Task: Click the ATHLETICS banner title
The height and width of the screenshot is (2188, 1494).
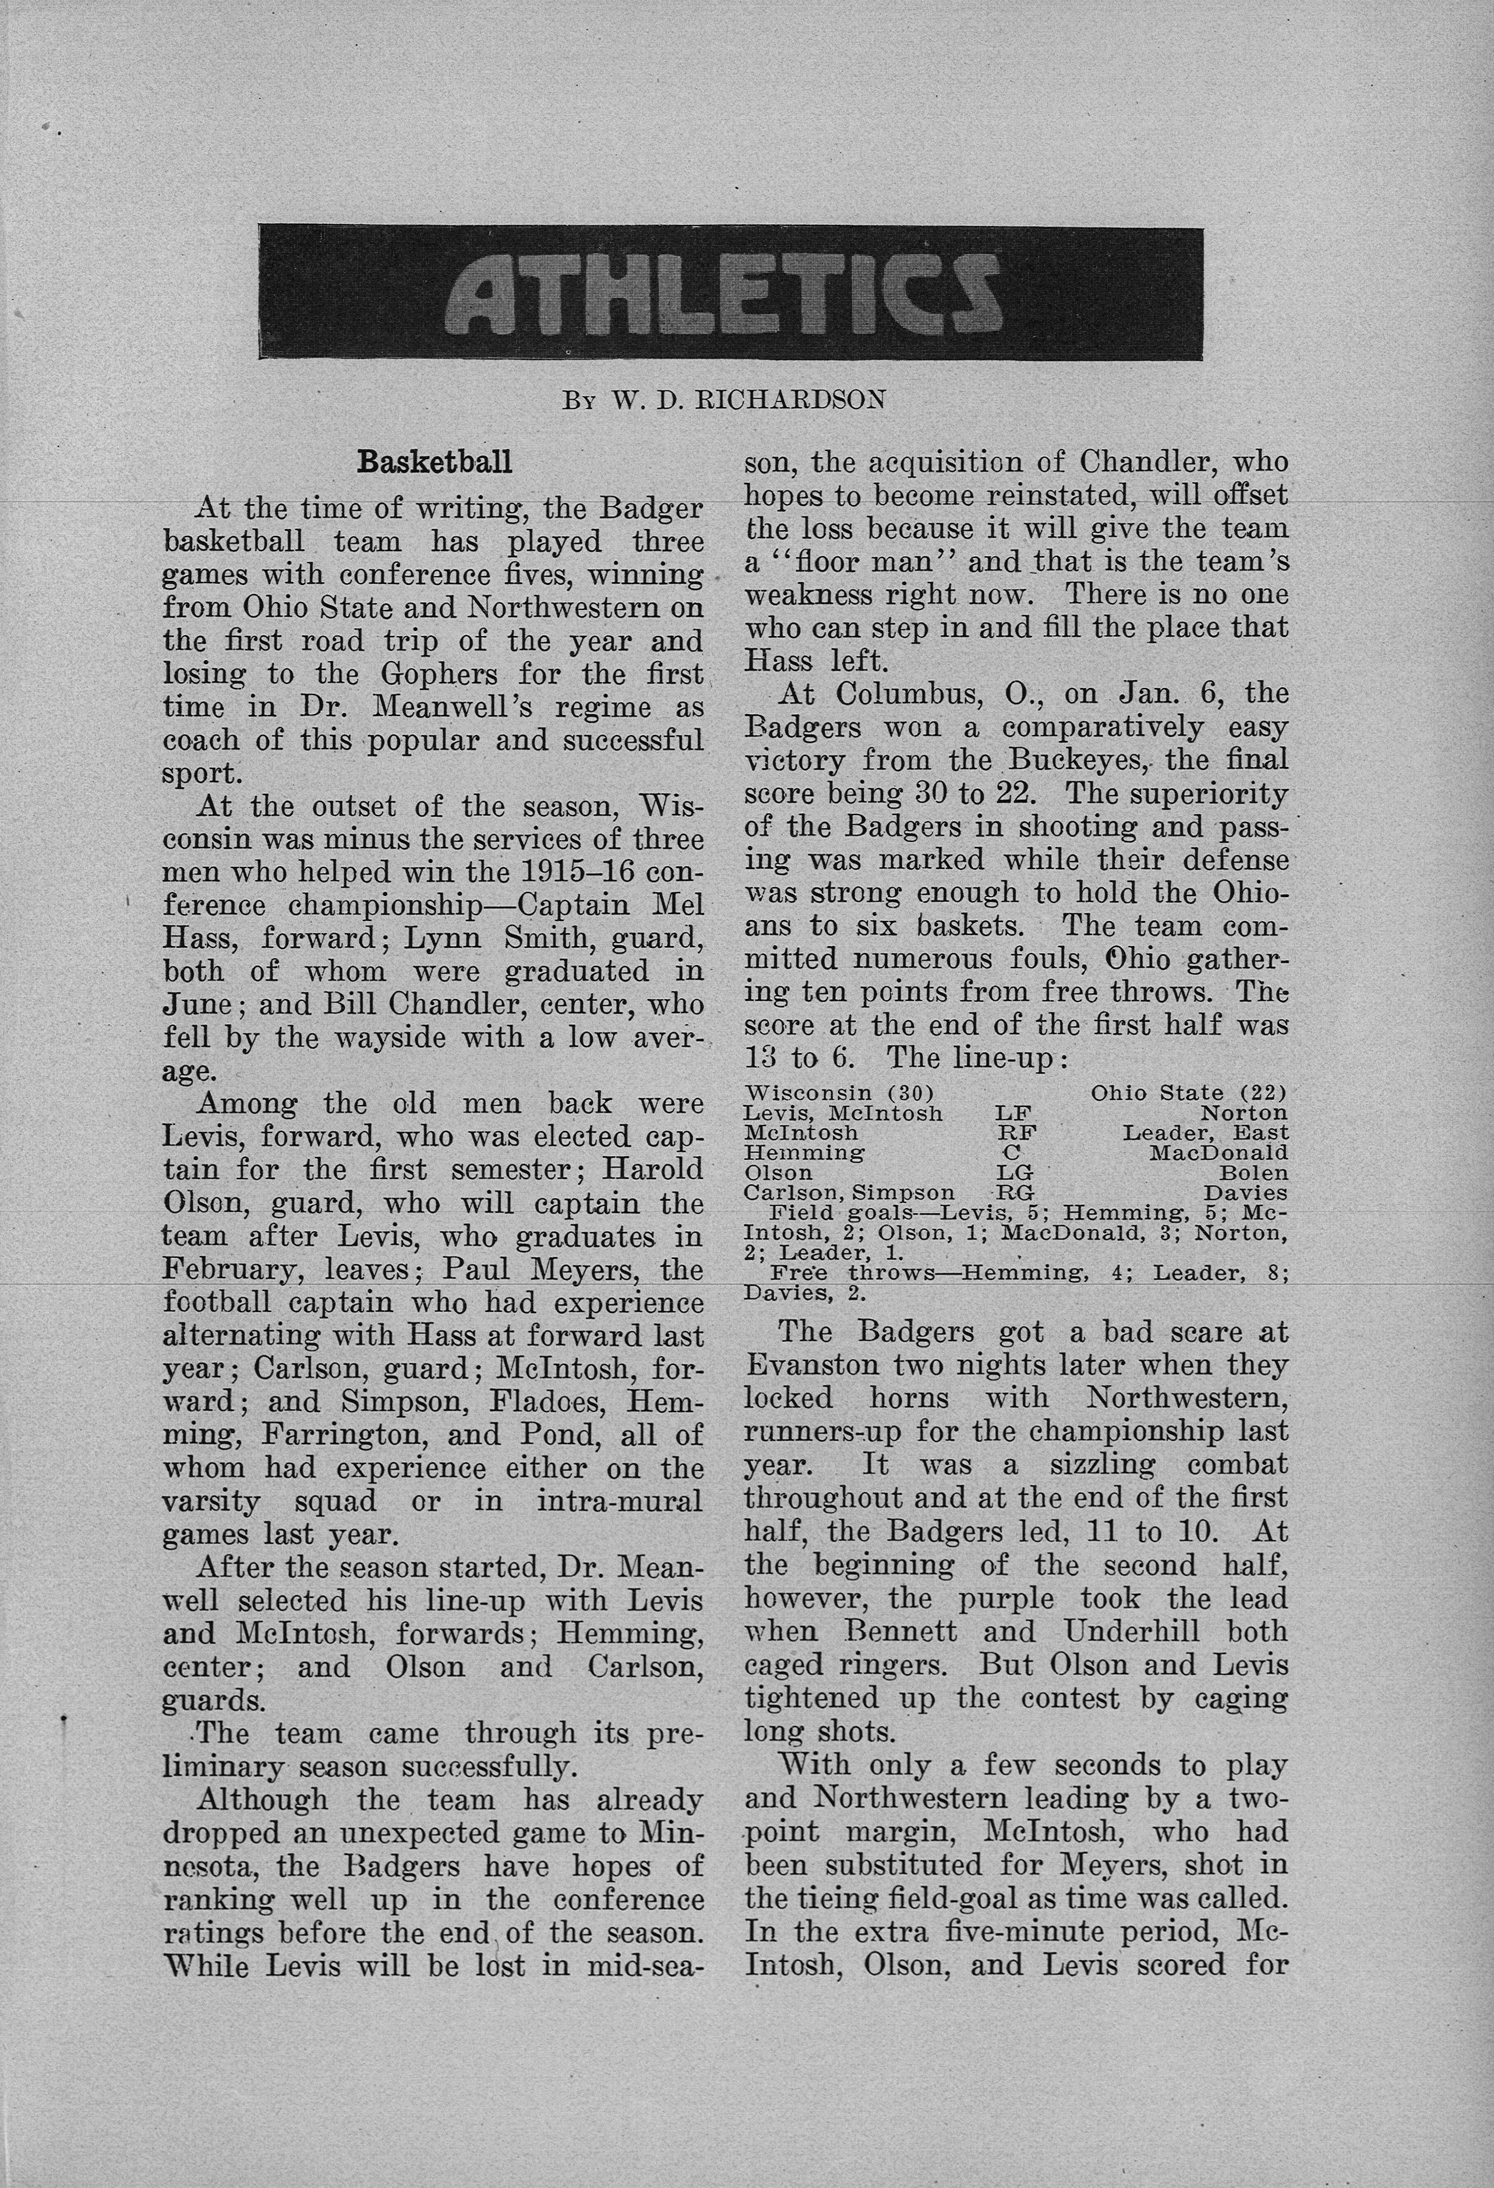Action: click(730, 293)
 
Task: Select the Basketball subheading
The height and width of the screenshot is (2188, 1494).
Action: click(435, 463)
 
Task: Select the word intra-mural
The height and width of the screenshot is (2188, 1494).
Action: click(619, 1501)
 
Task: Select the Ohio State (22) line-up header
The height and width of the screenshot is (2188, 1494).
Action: click(1188, 1093)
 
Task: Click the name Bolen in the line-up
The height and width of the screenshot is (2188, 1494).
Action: click(1253, 1173)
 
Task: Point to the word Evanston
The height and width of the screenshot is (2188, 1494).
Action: click(811, 1365)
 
